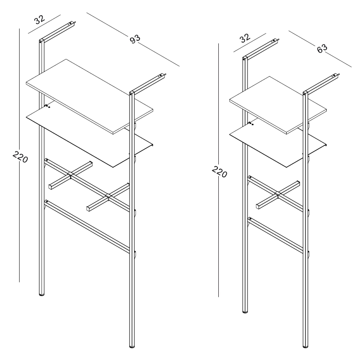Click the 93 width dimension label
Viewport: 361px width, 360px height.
(x=135, y=39)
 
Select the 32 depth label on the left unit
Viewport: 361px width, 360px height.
(x=40, y=20)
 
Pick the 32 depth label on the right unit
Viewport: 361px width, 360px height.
(x=245, y=38)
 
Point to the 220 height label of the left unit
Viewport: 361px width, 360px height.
(x=20, y=157)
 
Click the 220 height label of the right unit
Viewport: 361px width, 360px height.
(x=219, y=172)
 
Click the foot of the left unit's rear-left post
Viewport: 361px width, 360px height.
(x=42, y=294)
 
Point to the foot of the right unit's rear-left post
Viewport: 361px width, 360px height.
(x=245, y=311)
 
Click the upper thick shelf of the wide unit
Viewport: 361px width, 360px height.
(x=90, y=97)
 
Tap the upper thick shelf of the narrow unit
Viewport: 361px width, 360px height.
(x=278, y=105)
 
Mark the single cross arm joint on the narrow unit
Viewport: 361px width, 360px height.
(x=277, y=195)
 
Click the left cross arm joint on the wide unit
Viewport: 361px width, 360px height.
(x=70, y=176)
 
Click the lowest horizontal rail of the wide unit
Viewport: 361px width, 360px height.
(x=87, y=227)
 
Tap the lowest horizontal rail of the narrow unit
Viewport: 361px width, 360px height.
(x=275, y=235)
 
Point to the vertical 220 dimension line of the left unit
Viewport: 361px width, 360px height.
(x=19, y=155)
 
